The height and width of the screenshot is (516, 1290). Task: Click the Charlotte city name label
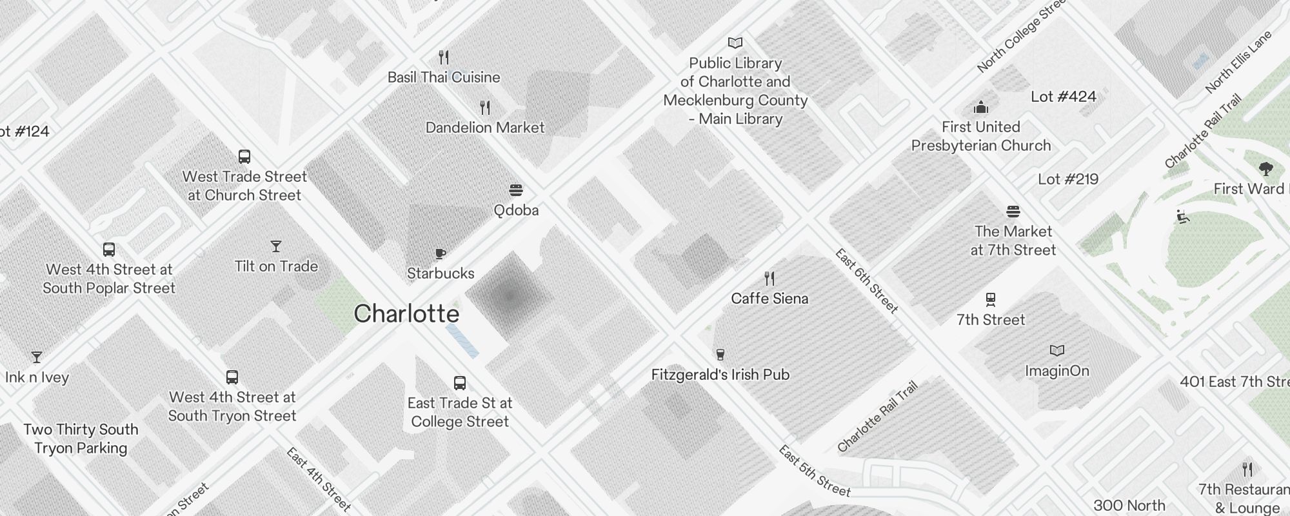pos(406,314)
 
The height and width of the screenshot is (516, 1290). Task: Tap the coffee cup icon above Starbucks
pos(441,253)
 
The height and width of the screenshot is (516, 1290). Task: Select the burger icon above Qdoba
pos(516,190)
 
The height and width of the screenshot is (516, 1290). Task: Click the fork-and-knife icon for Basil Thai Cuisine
pos(444,57)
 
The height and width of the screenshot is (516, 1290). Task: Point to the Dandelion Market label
pos(485,128)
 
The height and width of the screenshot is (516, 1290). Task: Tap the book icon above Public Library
pos(735,43)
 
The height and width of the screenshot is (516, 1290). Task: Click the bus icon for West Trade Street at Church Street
pos(244,157)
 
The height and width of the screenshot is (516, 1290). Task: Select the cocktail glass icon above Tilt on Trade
pos(276,246)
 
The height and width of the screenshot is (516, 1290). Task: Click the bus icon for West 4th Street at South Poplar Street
pos(109,250)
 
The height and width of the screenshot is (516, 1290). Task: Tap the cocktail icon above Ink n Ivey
pos(37,357)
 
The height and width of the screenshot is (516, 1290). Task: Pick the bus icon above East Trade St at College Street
pos(460,383)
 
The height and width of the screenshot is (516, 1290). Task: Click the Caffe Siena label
pos(769,299)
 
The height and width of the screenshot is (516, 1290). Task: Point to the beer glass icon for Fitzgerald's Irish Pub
pos(720,354)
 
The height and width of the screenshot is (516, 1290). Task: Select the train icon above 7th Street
pos(991,300)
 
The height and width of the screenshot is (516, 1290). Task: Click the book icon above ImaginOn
pos(1057,351)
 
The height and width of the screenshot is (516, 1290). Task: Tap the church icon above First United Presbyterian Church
pos(981,107)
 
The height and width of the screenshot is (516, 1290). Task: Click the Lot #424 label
pos(1063,97)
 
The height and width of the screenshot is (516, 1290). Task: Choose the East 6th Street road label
pos(866,281)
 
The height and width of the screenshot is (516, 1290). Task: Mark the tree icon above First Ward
pos(1265,169)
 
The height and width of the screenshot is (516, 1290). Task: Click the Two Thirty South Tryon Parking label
pos(81,439)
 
